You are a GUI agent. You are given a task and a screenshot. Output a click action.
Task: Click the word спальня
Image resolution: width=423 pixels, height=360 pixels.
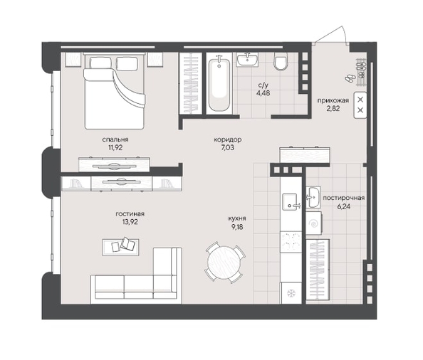115,139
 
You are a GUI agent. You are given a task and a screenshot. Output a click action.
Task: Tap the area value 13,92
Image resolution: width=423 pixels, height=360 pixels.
130,222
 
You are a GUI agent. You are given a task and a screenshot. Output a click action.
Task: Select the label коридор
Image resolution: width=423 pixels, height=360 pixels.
227,139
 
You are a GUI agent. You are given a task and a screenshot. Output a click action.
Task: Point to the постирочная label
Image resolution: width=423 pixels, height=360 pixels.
344,198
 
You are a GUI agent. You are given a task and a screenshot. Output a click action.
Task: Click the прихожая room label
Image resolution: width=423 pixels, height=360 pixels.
333,100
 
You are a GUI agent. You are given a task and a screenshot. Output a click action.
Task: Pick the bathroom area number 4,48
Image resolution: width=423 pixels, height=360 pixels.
263,93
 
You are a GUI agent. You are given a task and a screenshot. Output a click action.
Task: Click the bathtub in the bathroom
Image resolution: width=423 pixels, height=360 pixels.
219,83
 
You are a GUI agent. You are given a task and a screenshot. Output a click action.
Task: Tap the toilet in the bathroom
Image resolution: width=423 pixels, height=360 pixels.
281,61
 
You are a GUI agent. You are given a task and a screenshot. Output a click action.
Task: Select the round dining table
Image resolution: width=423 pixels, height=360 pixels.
224,263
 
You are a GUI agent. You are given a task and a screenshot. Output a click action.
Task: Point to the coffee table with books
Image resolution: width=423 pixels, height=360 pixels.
120,247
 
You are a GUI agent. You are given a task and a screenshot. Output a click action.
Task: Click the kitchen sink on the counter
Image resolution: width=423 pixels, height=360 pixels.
290,202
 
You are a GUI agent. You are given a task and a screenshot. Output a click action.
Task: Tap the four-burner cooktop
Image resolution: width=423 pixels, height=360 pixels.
291,242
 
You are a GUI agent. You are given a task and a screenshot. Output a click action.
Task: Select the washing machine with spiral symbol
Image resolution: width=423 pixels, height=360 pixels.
314,223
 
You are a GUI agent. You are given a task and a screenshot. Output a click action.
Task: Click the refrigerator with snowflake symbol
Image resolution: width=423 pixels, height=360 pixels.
291,293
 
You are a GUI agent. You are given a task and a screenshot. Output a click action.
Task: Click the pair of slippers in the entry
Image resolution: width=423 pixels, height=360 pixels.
350,78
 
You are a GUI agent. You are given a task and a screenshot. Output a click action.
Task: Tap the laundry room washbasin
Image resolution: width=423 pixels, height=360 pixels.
313,197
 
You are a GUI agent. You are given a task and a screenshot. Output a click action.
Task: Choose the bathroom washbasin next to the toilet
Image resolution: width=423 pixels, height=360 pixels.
247,59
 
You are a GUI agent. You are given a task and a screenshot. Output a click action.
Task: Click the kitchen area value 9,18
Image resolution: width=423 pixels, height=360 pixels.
237,227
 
